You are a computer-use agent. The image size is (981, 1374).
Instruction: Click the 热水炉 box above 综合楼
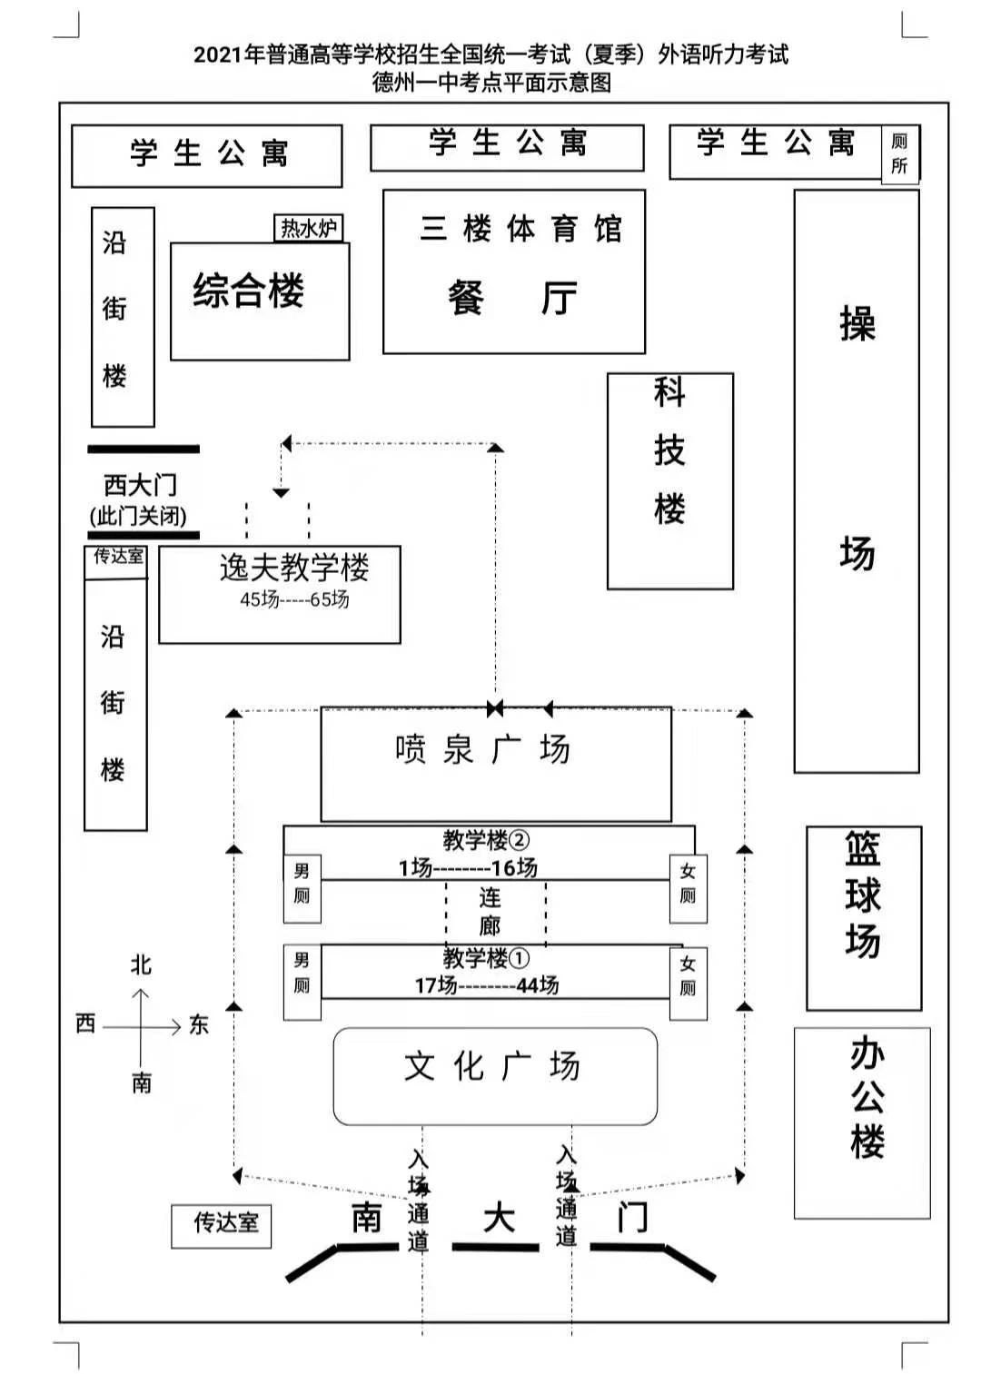coord(308,228)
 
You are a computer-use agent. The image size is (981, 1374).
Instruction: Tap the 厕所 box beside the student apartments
coord(900,154)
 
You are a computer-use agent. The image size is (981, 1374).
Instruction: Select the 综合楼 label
coord(249,290)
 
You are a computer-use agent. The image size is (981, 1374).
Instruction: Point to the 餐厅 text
coord(513,298)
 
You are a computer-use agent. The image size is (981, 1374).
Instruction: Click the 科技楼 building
coord(670,481)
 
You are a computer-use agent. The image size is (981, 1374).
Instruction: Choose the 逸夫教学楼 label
coord(294,568)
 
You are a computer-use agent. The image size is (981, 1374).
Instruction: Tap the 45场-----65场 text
coord(294,599)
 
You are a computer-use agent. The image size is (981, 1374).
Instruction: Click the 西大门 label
coord(141,485)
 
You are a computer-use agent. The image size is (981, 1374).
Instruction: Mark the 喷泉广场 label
coord(483,749)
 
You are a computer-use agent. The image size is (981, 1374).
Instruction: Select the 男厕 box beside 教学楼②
coord(302,888)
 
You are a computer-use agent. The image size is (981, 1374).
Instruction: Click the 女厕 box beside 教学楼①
coord(688,984)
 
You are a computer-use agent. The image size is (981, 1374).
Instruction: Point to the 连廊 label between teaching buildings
coord(490,912)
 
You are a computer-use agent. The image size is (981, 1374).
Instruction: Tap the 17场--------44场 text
coord(487,985)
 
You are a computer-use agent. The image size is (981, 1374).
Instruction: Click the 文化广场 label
coord(491,1066)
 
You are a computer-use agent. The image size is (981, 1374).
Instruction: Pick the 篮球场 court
coord(864,918)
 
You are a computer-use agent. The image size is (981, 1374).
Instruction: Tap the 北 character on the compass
coord(141,964)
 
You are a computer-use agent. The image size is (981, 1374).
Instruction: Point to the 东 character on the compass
coord(198,1025)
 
